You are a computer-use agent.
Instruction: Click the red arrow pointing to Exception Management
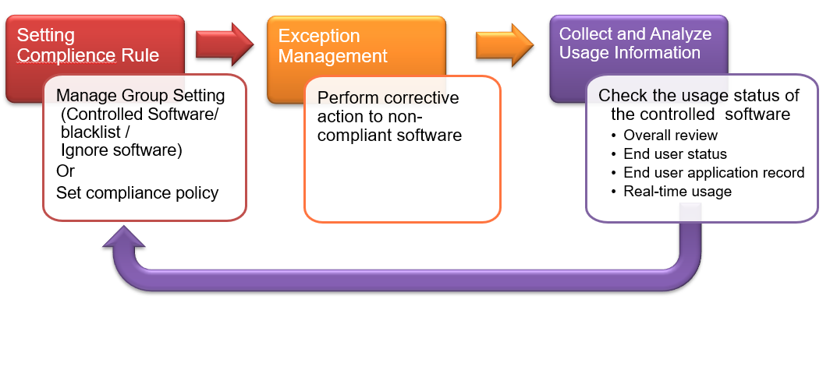tap(225, 44)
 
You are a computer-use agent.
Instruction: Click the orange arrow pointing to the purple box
tap(505, 44)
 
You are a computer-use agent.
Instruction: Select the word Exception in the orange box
tap(319, 36)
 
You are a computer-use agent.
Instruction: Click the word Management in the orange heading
tap(333, 55)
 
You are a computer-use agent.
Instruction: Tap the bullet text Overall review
tap(670, 135)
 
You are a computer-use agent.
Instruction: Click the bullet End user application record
tap(714, 173)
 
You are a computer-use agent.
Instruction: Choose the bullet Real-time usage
tap(678, 192)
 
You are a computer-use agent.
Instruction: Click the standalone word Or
tap(65, 171)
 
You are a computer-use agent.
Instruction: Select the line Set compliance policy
tap(137, 193)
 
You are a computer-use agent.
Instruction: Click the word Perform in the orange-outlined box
tap(349, 98)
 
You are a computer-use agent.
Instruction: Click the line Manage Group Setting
tap(140, 96)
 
